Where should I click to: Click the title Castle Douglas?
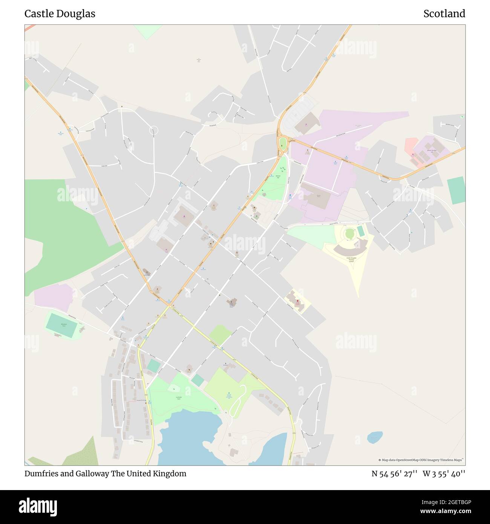60,14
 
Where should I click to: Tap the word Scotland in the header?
444,14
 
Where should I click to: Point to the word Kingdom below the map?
169,473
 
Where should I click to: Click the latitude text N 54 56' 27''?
394,474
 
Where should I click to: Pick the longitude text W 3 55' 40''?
444,474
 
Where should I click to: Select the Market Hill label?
278,176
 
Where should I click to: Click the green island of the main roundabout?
282,143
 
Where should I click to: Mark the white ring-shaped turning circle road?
153,131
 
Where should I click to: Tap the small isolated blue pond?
375,437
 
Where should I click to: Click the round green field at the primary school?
349,234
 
